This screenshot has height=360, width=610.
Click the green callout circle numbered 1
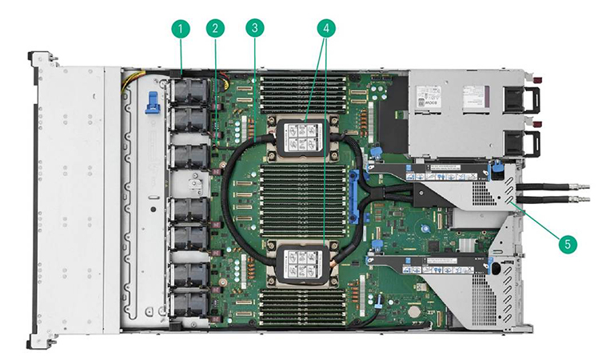click(x=181, y=30)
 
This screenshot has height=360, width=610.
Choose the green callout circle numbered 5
click(x=568, y=242)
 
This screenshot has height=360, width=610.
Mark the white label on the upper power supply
click(x=464, y=99)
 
